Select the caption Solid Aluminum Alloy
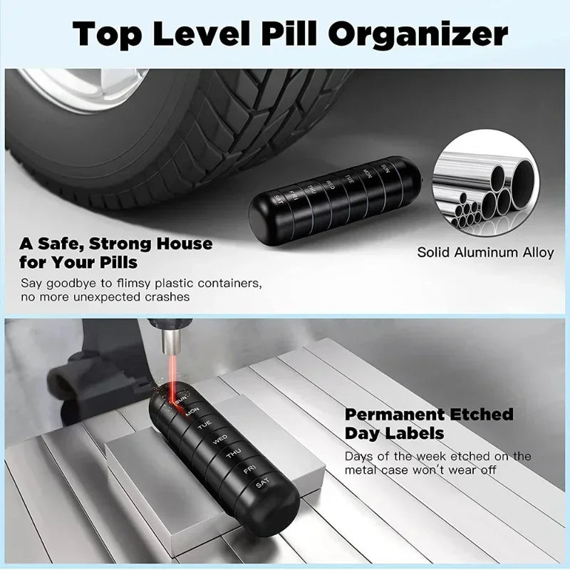485,252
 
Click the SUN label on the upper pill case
385,169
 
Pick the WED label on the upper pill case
330,185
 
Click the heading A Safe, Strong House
116,244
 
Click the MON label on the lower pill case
192,413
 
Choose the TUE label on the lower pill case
205,427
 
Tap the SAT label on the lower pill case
263,485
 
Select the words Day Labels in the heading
395,433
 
